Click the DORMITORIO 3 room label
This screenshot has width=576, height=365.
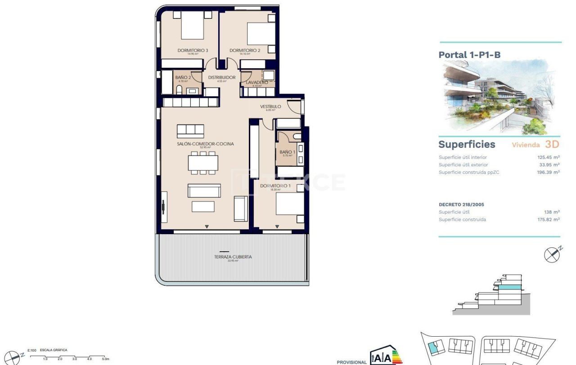pos(193,50)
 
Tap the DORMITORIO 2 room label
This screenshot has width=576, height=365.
pos(245,50)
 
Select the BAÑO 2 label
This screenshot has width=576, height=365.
pos(183,77)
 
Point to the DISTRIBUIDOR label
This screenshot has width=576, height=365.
pos(221,77)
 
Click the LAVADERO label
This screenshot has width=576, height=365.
pos(257,83)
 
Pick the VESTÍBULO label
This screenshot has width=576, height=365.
pos(270,107)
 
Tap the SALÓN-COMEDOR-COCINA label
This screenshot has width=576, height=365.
pos(205,144)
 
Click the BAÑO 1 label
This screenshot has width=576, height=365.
pos(287,152)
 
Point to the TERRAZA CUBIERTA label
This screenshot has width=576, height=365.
pos(233,257)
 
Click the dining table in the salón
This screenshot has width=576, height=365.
pos(203,163)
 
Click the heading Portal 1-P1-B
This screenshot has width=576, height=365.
pos(469,55)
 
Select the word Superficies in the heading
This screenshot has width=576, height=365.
pos(467,144)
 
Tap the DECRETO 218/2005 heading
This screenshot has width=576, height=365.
pos(461,205)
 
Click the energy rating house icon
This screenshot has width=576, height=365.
pos(386,355)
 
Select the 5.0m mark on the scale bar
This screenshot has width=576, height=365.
pos(105,359)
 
